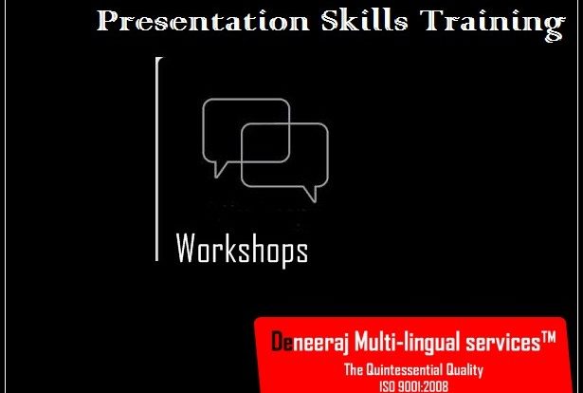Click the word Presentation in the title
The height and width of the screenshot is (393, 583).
[203, 21]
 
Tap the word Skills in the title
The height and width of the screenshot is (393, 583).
[364, 20]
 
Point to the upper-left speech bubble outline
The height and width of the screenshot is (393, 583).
[203, 130]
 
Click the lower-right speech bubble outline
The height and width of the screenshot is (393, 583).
[328, 155]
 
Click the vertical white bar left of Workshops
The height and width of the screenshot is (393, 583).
[157, 159]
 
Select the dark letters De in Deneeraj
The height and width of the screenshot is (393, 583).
[282, 342]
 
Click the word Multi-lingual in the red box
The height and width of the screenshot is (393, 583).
[407, 342]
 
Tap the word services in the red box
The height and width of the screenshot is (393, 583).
[503, 343]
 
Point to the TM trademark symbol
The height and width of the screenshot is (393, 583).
[549, 337]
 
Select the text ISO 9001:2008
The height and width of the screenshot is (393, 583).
[413, 386]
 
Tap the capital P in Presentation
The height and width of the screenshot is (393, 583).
[109, 21]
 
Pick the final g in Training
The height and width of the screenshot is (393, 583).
[556, 28]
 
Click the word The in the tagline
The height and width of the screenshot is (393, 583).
[354, 370]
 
